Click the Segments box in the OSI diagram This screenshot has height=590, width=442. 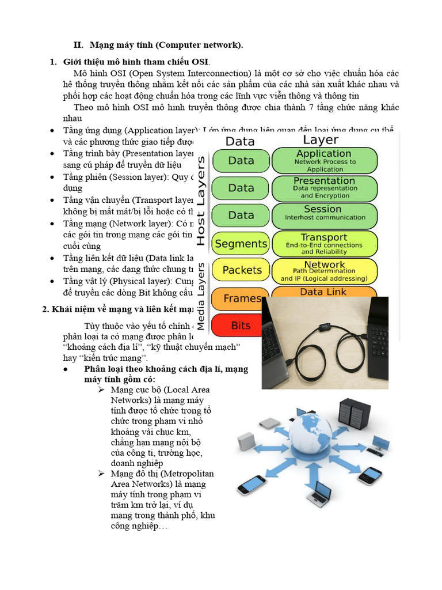(241, 244)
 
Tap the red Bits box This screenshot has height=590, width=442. (241, 326)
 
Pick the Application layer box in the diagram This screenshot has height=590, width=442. (325, 161)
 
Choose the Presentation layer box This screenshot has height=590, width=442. (325, 188)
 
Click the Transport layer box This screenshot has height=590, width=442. (325, 244)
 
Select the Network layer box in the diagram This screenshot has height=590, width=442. (325, 271)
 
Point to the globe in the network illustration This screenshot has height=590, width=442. (311, 440)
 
